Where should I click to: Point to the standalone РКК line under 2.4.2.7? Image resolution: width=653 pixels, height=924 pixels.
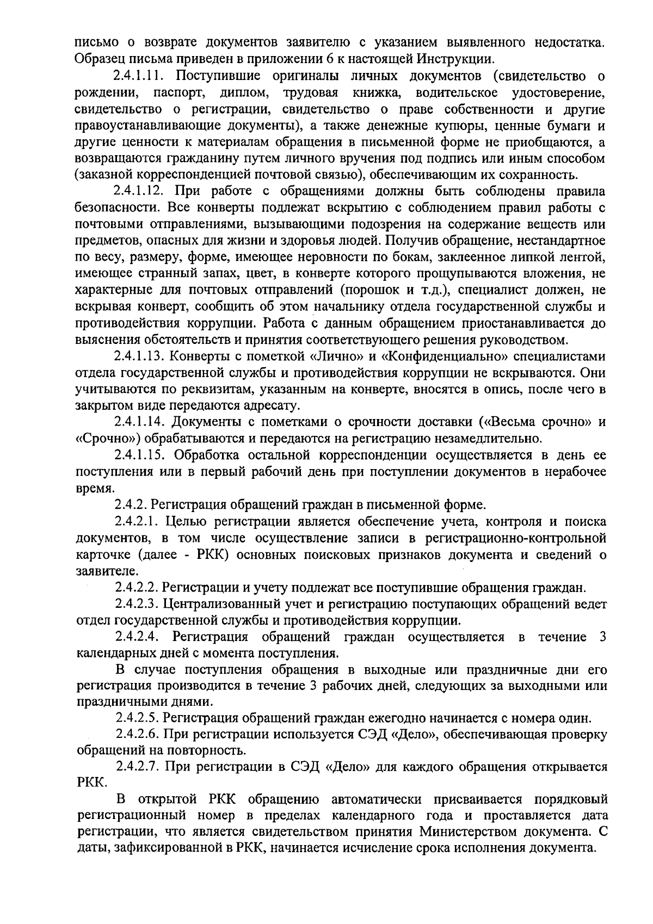coord(90,784)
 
